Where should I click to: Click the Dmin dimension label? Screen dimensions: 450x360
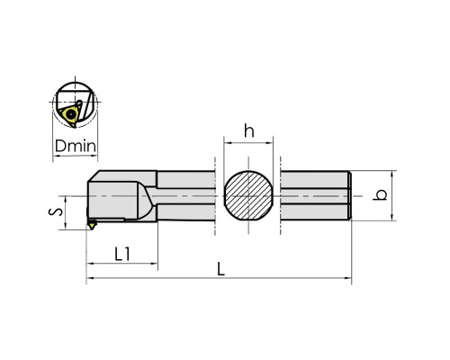(76, 146)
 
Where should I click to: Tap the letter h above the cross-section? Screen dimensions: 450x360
(249, 130)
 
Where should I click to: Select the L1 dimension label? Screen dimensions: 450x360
(122, 254)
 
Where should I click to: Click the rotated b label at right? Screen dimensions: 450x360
(380, 195)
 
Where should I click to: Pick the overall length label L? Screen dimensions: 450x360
(220, 268)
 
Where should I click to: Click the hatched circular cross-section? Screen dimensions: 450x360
(248, 195)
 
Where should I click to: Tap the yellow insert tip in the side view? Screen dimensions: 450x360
(92, 225)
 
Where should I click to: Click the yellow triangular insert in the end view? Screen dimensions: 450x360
(71, 115)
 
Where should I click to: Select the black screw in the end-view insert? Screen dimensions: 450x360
(71, 114)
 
